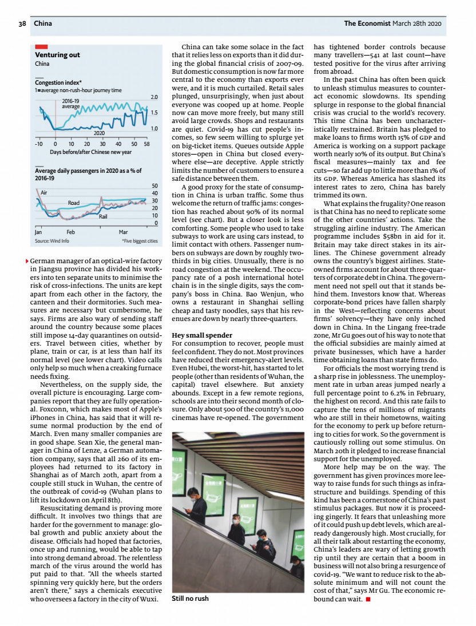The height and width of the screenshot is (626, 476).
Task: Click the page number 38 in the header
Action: (22, 23)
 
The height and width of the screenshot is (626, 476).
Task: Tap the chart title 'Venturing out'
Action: (57, 56)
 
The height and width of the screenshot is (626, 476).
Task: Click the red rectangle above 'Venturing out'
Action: (41, 46)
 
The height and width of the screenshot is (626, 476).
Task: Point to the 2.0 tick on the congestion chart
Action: (154, 98)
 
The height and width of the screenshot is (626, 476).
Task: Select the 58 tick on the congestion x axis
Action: (146, 144)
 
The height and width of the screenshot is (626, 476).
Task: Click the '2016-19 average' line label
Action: (70, 104)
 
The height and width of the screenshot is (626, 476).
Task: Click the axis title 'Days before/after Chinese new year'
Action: (90, 152)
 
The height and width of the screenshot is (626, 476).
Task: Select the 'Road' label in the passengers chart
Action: (74, 203)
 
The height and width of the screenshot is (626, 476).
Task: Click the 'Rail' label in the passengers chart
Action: (103, 217)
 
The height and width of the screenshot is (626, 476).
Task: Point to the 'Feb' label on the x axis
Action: (71, 232)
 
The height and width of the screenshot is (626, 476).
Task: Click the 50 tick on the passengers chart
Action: (154, 186)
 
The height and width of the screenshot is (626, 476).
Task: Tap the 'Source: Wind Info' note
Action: (52, 241)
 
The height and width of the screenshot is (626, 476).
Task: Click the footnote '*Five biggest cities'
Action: (140, 241)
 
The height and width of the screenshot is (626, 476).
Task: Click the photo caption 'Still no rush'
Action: (190, 599)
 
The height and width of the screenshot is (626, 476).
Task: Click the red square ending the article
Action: (368, 599)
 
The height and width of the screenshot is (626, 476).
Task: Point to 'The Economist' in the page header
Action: (367, 23)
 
